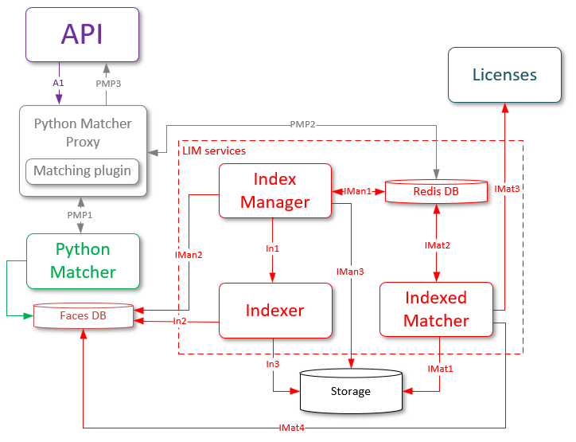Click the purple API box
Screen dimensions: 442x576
point(82,34)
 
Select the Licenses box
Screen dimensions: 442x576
point(504,75)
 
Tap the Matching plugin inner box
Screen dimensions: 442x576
point(82,170)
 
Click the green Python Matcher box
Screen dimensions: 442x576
point(83,261)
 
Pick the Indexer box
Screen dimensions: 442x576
point(274,310)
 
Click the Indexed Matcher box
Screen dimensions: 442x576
point(436,309)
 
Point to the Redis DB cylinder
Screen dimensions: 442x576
point(436,191)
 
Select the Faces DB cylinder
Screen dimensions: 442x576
point(83,315)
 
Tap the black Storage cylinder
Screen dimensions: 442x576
point(351,391)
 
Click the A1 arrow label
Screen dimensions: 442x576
point(59,82)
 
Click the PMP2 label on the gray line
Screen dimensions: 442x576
point(303,124)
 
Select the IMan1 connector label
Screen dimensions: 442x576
point(357,191)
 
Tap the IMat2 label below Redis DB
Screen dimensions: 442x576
point(437,245)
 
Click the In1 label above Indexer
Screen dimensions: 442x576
point(273,248)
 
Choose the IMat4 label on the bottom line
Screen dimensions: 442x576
point(291,428)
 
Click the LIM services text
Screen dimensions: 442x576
point(214,150)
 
